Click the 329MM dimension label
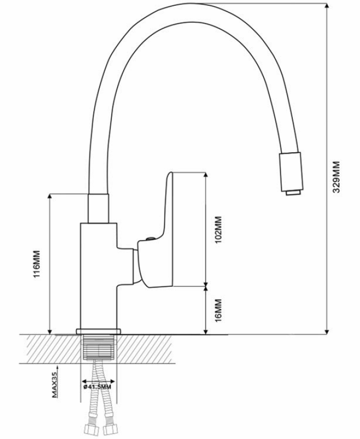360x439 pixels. click(x=336, y=177)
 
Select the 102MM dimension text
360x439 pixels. click(x=218, y=229)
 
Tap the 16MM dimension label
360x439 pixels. click(x=218, y=310)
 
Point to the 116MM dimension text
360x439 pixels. click(x=37, y=264)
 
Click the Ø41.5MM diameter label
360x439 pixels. click(x=97, y=387)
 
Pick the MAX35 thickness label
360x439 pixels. click(x=55, y=384)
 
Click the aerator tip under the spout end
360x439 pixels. click(x=293, y=193)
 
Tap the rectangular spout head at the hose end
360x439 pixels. click(x=291, y=172)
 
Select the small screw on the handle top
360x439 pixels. click(x=151, y=238)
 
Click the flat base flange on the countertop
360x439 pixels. click(x=99, y=332)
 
